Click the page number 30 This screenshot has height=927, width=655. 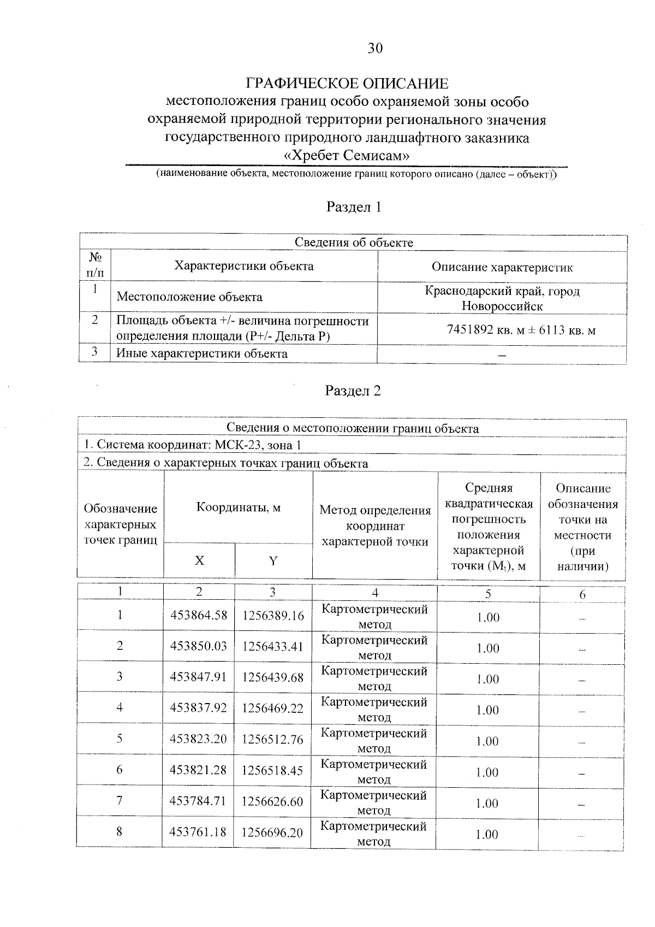click(x=375, y=49)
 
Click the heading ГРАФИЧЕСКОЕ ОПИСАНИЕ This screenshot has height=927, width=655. click(x=347, y=84)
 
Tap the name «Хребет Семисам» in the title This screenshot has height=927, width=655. click(x=347, y=156)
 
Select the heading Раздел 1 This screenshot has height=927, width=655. click(x=353, y=207)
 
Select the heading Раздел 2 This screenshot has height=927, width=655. click(x=353, y=391)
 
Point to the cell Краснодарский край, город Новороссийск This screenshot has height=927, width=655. click(x=502, y=298)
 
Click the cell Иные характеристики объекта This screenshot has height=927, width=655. click(x=202, y=353)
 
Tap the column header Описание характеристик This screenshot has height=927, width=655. click(x=502, y=267)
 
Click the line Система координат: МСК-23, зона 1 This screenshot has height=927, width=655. click(x=192, y=445)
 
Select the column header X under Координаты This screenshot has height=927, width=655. click(x=200, y=560)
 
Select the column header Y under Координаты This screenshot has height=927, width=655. click(x=273, y=560)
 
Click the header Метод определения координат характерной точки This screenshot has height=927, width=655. click(x=375, y=526)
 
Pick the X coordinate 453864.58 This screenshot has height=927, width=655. click(x=198, y=615)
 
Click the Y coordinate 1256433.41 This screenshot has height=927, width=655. click(x=273, y=646)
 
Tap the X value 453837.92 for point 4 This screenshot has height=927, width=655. click(x=198, y=708)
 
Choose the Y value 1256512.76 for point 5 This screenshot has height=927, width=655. click(x=273, y=739)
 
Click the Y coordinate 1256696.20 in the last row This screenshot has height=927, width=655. click(x=272, y=832)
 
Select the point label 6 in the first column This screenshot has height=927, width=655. click(x=120, y=770)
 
